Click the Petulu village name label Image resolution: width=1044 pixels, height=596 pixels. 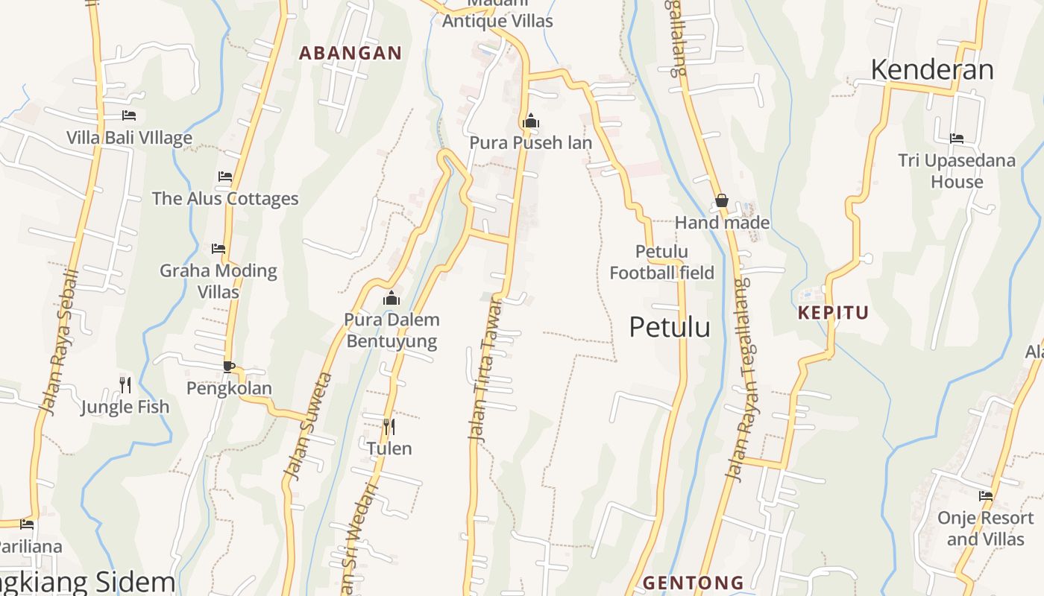coord(670,327)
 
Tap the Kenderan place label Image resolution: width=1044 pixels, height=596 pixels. coord(932,70)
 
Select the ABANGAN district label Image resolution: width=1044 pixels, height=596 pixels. coord(350,53)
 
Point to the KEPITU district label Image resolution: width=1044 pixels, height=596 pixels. coord(834,312)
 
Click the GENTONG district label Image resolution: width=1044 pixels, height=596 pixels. coord(694,582)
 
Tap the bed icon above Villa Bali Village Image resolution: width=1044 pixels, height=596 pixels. coord(129,115)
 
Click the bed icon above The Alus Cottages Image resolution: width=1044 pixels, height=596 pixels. coord(225,177)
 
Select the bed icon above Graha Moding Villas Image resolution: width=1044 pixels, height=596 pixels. coord(218,248)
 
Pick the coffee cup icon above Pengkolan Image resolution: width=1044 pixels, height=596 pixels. coord(229,367)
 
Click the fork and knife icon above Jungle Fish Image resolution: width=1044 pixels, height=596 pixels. coord(125,384)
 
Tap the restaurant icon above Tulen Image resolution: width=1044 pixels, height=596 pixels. coord(389,426)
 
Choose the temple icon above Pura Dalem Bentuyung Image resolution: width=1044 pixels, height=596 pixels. coord(391,299)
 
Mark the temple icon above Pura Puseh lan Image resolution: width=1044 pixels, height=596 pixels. coord(531,120)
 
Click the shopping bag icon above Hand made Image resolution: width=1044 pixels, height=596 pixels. coord(722,200)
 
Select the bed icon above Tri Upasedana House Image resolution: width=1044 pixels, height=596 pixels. coord(957,139)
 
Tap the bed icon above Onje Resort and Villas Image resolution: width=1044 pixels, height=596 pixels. coord(986,496)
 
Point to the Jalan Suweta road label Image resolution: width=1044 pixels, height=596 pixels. coord(306,426)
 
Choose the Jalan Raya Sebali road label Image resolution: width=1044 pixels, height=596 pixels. coord(59,343)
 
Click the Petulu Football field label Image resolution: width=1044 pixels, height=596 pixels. coord(662,262)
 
